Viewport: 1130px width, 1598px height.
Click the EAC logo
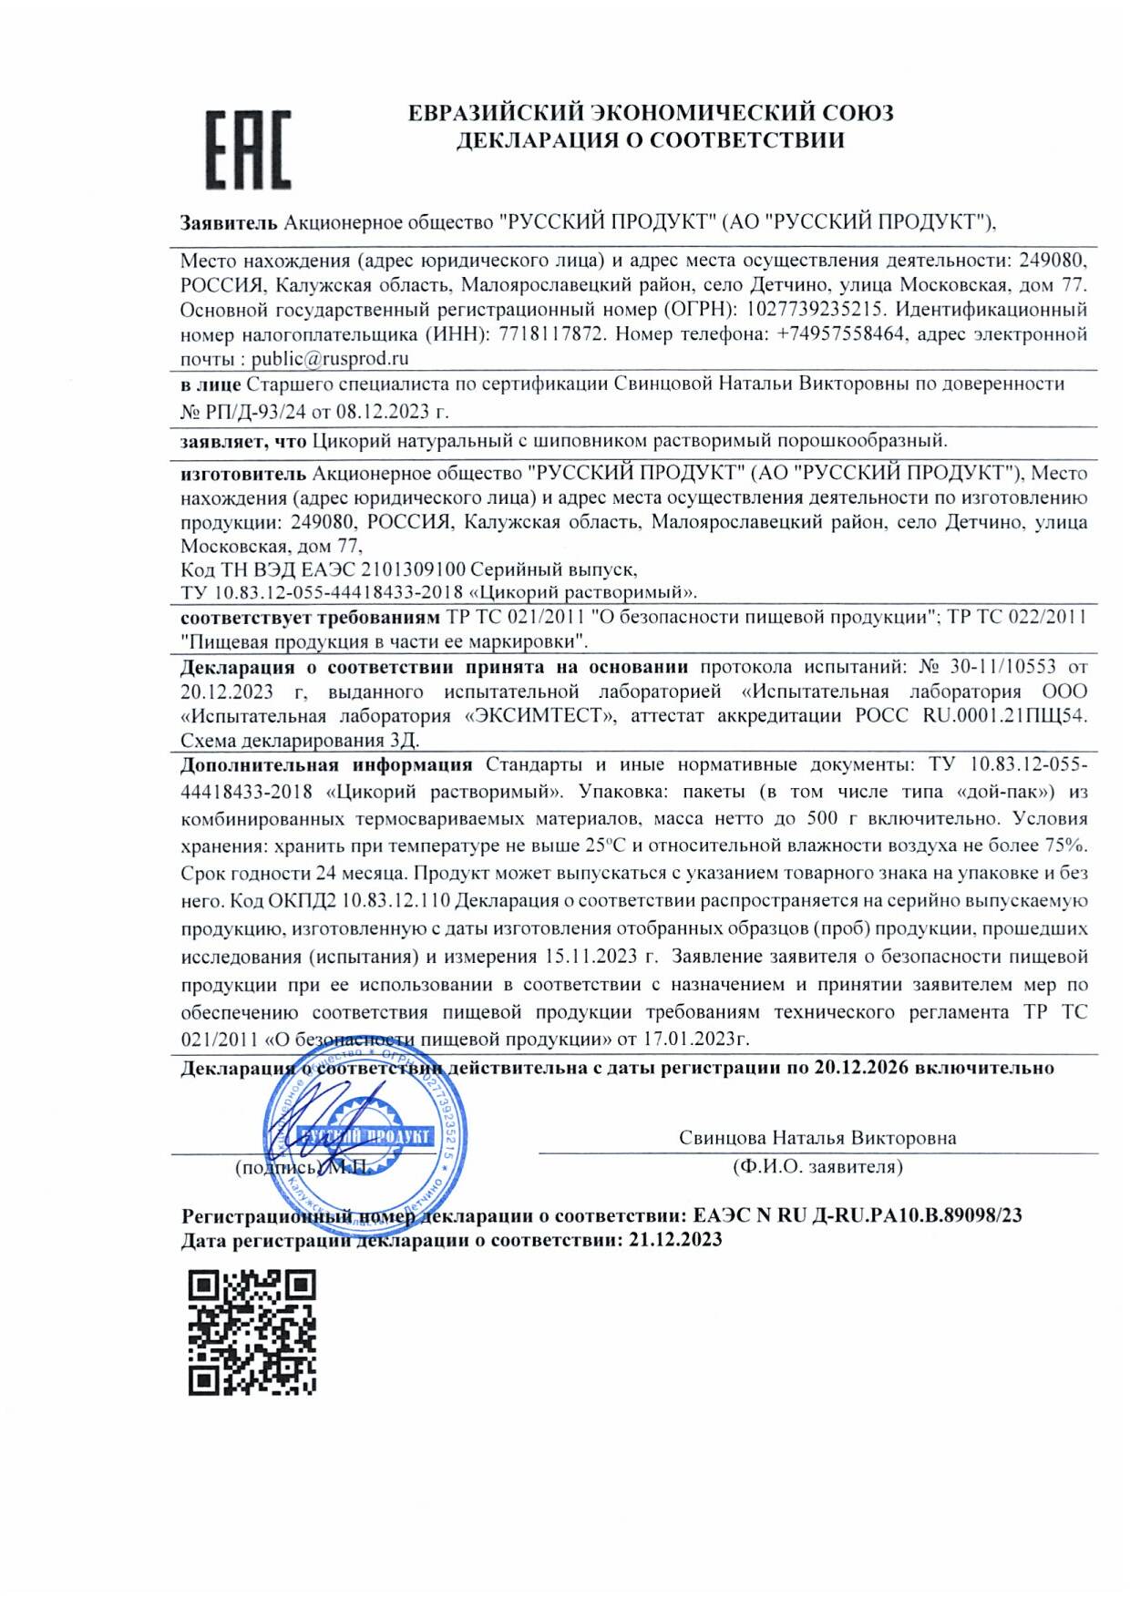pyautogui.click(x=247, y=149)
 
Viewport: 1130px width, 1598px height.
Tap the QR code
pyautogui.click(x=252, y=1333)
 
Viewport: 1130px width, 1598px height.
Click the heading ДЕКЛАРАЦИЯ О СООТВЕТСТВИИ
pyautogui.click(x=650, y=140)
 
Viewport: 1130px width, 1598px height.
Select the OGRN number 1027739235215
pyautogui.click(x=813, y=310)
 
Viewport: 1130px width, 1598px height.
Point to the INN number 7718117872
pyautogui.click(x=550, y=334)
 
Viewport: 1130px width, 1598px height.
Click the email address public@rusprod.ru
pyautogui.click(x=330, y=359)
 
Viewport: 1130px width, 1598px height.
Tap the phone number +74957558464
pyautogui.click(x=841, y=334)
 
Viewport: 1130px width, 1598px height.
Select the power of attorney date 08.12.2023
pyautogui.click(x=382, y=412)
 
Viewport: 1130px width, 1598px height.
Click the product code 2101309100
pyautogui.click(x=413, y=569)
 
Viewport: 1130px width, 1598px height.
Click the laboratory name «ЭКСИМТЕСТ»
pyautogui.click(x=539, y=716)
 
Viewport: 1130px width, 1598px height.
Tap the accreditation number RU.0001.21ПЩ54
pyautogui.click(x=1004, y=716)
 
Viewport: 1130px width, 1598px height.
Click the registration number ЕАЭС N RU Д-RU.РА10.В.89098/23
pyautogui.click(x=857, y=1215)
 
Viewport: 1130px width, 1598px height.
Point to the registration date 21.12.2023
pyautogui.click(x=675, y=1240)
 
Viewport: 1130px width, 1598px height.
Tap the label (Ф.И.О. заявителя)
pyautogui.click(x=817, y=1167)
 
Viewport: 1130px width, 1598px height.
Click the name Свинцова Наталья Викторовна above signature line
pyautogui.click(x=817, y=1138)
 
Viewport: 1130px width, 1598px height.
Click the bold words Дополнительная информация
pyautogui.click(x=326, y=765)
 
